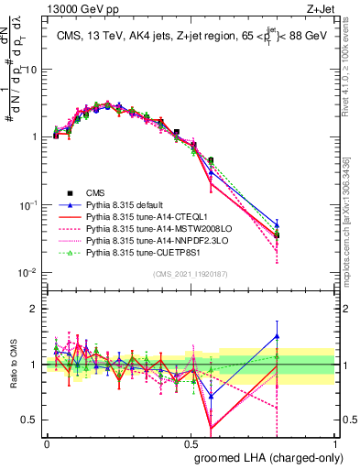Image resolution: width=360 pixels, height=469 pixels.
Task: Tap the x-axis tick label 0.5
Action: (x=191, y=442)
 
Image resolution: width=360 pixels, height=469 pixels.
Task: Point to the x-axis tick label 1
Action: (x=334, y=442)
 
